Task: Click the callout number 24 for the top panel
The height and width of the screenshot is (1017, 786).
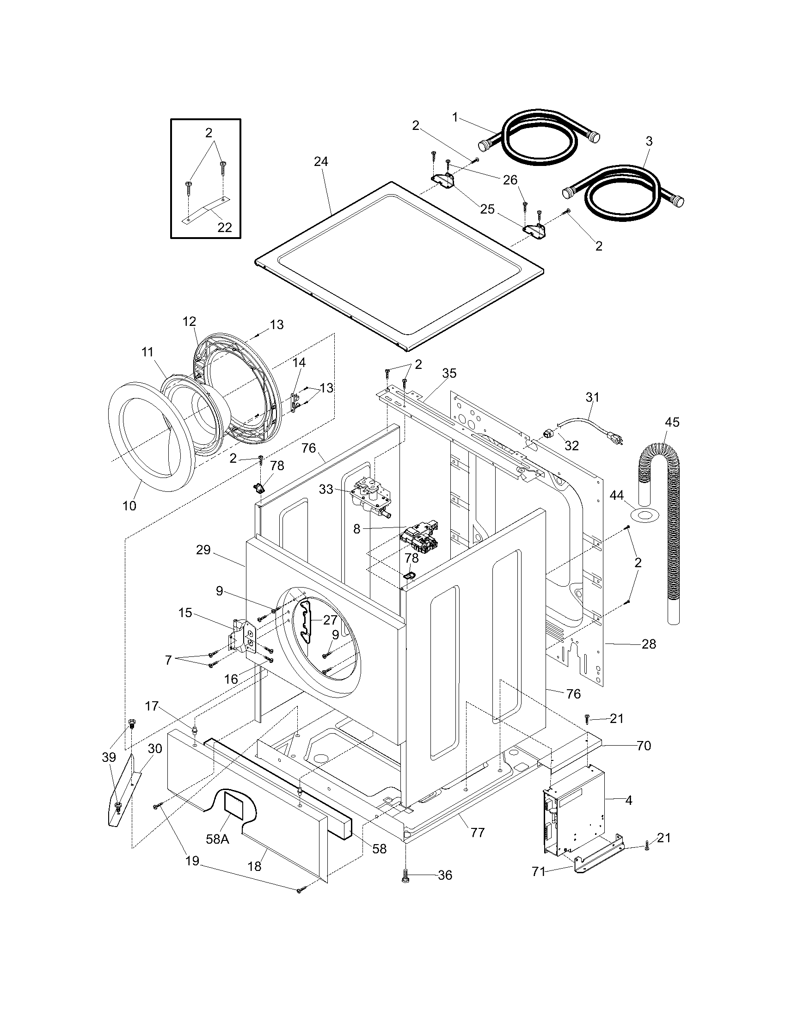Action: click(x=320, y=162)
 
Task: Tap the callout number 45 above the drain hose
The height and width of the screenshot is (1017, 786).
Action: click(x=672, y=423)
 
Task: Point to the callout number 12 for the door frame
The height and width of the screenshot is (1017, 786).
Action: click(x=189, y=321)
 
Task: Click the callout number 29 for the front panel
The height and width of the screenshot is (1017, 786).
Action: click(x=203, y=550)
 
